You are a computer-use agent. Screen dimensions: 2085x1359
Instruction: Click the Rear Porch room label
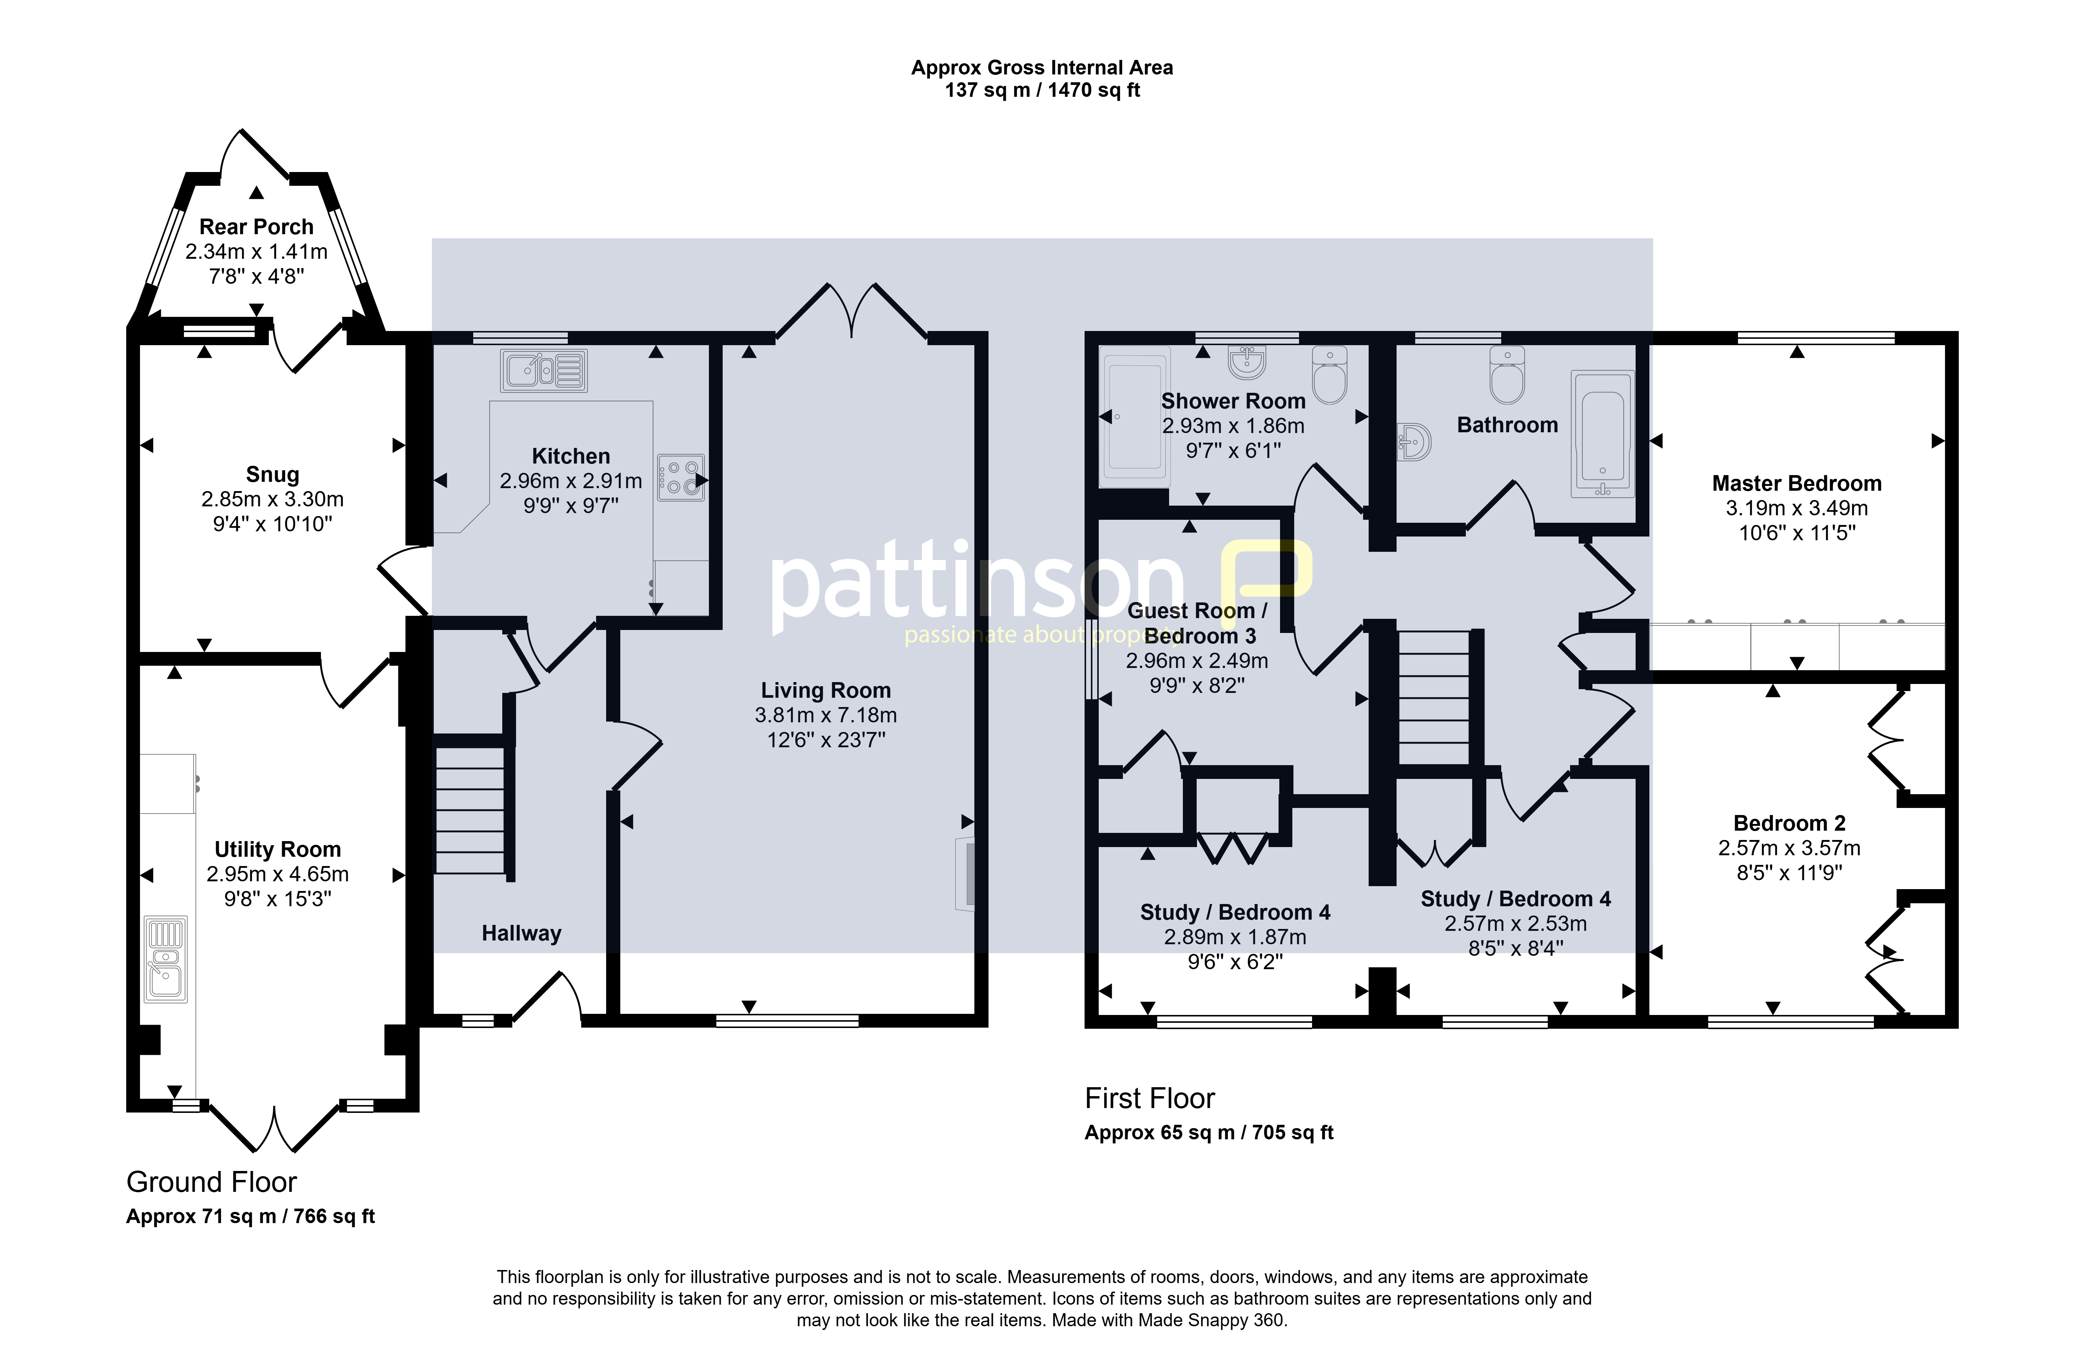[256, 227]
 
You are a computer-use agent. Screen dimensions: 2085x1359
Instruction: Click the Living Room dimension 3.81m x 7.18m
[825, 715]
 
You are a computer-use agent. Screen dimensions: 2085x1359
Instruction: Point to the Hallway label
[521, 933]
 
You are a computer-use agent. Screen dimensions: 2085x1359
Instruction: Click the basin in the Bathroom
[1414, 442]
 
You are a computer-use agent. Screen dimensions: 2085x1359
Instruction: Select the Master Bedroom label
[1797, 484]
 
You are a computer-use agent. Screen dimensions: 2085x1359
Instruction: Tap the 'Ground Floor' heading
[212, 1182]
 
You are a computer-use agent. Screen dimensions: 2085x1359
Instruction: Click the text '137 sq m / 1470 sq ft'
[1042, 90]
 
